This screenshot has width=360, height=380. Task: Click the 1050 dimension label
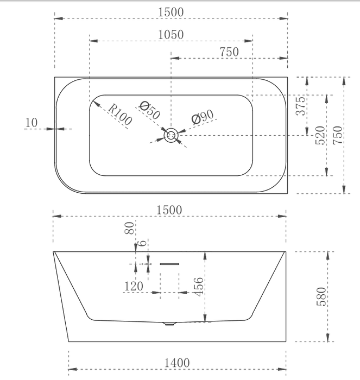[171, 35]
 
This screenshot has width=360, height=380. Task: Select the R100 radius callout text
[120, 115]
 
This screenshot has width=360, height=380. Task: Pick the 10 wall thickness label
[31, 123]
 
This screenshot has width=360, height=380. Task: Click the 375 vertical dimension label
[301, 106]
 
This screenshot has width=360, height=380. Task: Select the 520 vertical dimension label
[320, 135]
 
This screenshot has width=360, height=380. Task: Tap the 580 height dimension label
[321, 296]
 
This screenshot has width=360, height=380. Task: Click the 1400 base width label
[177, 363]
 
